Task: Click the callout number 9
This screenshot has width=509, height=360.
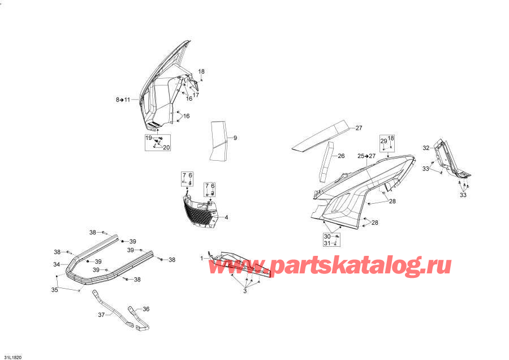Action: click(235, 138)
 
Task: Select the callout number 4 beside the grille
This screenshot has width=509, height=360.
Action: click(226, 217)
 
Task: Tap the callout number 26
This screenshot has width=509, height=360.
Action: click(341, 156)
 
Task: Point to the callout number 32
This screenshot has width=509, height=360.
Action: click(426, 148)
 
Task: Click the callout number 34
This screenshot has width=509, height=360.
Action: click(57, 264)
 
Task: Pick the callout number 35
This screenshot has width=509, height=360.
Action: click(54, 289)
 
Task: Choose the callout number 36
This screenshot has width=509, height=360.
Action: click(146, 309)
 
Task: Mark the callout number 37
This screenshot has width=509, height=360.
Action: click(101, 315)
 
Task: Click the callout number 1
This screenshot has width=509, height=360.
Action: click(202, 258)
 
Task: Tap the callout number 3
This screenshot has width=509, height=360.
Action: click(245, 291)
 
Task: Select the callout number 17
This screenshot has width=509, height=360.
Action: click(196, 95)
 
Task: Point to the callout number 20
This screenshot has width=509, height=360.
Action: click(166, 148)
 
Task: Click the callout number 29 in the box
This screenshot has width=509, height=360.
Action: click(383, 141)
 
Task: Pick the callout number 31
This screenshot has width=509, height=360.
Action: click(327, 243)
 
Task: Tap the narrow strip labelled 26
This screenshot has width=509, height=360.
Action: click(326, 162)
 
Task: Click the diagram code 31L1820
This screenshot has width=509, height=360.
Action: click(13, 357)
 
